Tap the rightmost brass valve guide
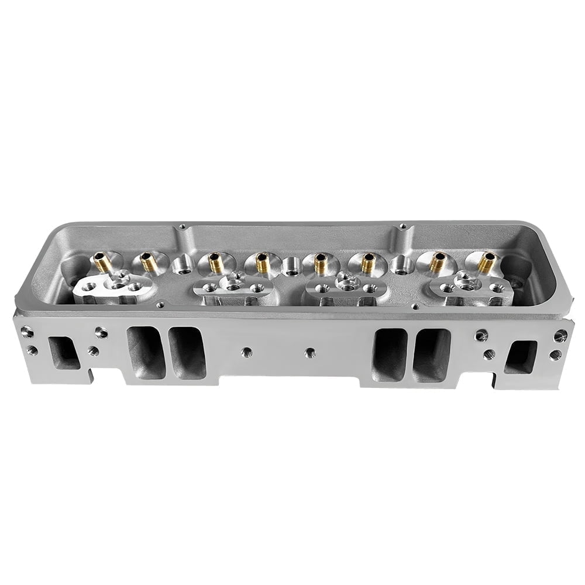486,263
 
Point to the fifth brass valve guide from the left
319,263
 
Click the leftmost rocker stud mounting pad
115,288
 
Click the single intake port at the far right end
520,356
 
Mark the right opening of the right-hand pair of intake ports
431,355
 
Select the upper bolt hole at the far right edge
560,335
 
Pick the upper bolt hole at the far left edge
26,332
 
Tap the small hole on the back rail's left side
183,226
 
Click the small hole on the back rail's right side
402,226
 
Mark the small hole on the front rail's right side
414,305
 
